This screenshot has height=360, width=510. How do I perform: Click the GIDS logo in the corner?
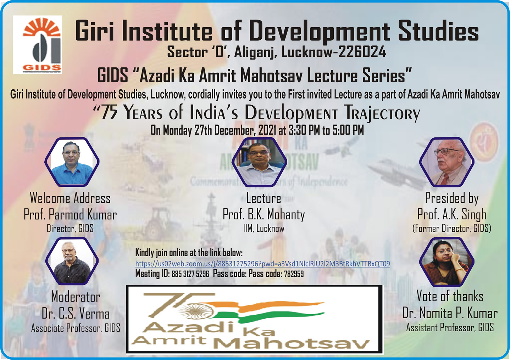pos(38,44)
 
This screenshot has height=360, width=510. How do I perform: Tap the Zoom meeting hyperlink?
pos(262,264)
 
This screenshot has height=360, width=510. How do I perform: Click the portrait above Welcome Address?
pos(72,162)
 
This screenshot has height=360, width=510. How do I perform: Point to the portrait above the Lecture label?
pos(259,162)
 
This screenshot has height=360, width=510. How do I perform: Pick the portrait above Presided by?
pos(447,162)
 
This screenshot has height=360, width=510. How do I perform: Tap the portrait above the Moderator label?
pos(72,261)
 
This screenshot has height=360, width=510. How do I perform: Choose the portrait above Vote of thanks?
pos(447,261)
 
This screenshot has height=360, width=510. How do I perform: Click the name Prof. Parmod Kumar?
pos(70,215)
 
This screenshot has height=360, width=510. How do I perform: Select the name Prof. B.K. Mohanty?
pos(264,215)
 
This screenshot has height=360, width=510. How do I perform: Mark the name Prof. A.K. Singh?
pos(451,215)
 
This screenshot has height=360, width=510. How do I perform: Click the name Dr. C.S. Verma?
pos(76,314)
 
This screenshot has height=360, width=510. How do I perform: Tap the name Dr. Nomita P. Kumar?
pos(450,313)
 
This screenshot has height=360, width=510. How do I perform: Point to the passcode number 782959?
pos(294,274)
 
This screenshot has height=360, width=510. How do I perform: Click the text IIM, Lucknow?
pos(264,229)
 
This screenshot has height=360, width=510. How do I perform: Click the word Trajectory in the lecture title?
pos(382,113)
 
